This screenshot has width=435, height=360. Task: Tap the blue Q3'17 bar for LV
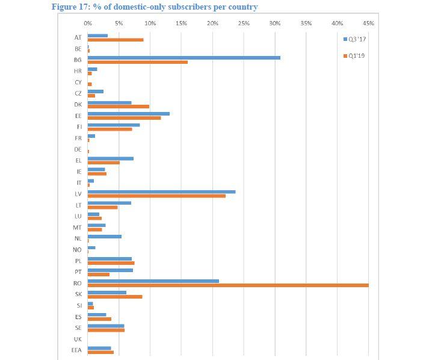[161, 191]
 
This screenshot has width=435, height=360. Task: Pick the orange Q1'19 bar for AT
[116, 40]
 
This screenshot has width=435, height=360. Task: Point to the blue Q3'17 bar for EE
[128, 113]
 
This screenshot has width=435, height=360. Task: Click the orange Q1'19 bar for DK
[118, 107]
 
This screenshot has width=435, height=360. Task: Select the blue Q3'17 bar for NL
[104, 236]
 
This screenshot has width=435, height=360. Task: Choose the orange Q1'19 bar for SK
[115, 296]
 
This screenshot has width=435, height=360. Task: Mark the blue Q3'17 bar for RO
[153, 281]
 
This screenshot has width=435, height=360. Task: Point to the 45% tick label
[369, 23]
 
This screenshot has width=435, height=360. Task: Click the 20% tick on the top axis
[212, 23]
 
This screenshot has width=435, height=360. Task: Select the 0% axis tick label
[88, 23]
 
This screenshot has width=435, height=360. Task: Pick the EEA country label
[76, 350]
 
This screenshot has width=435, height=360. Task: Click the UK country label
[78, 339]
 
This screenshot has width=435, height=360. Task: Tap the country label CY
[78, 82]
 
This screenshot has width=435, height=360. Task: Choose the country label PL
[78, 261]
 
